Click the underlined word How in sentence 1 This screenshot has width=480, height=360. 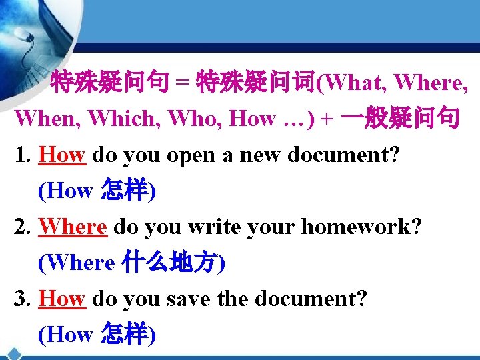pos(62,155)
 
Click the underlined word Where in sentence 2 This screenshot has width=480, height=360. pos(73,227)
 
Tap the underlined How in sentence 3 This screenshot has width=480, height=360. pos(62,299)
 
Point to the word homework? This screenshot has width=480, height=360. pos(361,227)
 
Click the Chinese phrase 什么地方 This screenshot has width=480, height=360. pos(171,263)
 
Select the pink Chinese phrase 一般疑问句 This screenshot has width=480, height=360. pos(399,118)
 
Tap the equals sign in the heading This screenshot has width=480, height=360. pos(183,83)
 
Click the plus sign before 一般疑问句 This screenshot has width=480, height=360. pos(326,119)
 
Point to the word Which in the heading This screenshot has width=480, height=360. pos(122,119)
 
